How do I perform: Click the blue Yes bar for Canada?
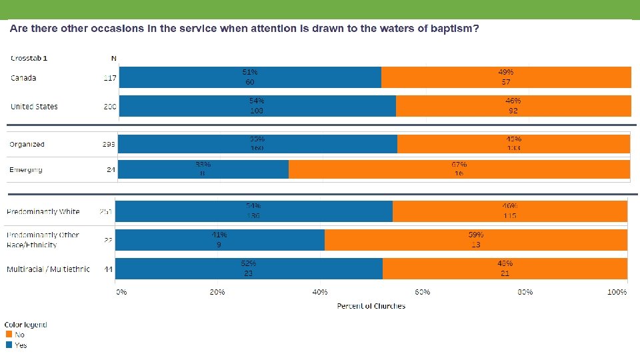coord(249,77)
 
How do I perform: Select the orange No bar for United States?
coord(513,106)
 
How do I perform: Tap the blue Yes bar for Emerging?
coord(203,169)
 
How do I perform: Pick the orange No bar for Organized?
coord(513,144)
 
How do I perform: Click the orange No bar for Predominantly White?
coord(510,211)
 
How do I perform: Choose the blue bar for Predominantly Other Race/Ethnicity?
coord(220,240)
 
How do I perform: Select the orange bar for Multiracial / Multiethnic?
coord(505,269)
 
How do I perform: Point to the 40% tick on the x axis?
coord(320,292)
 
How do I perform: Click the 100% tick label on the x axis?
coord(617,292)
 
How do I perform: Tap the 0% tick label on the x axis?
coord(121,292)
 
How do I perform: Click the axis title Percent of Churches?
coord(371,306)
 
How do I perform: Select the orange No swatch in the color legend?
coord(9,335)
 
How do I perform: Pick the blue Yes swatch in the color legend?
coord(9,345)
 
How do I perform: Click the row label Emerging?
coord(25,169)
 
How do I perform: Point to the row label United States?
coord(34,107)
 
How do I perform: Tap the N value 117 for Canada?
coord(110,78)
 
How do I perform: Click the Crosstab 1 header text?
coord(29,59)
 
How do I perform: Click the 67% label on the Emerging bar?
coord(459,164)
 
